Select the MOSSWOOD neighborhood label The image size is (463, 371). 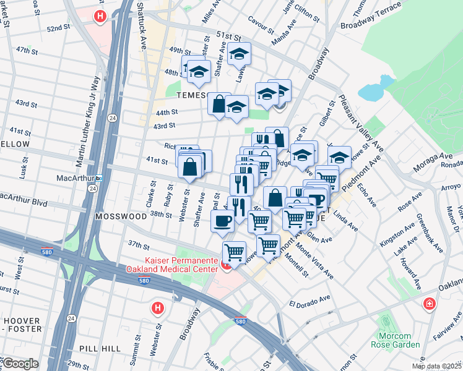point(121,217)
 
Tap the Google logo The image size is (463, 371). point(20,364)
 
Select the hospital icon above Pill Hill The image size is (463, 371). point(158,307)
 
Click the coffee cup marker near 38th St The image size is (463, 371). point(223,221)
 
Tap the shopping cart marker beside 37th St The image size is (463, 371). point(234,252)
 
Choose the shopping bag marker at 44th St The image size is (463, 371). point(219,103)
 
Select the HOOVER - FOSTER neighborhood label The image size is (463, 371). point(23,325)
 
